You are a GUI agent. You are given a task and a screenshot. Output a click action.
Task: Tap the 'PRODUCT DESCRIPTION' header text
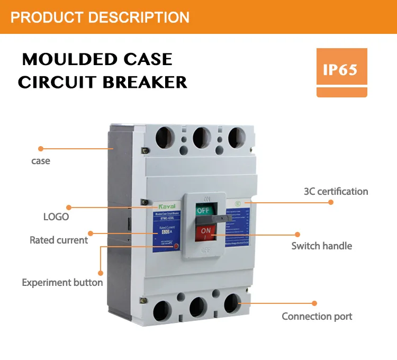tap(100, 17)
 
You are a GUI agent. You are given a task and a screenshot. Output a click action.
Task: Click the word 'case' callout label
tap(41, 160)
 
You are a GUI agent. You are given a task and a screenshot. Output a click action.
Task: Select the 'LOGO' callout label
tap(56, 217)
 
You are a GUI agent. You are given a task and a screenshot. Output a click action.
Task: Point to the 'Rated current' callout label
tap(59, 240)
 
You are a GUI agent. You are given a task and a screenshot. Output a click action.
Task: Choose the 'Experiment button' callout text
tap(62, 282)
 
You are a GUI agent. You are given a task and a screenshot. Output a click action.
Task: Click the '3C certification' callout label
tap(336, 191)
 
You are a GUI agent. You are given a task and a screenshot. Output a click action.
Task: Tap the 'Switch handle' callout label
tap(322, 246)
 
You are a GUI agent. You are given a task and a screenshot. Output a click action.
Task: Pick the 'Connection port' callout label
tap(317, 316)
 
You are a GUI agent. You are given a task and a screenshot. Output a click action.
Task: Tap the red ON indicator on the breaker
tap(205, 232)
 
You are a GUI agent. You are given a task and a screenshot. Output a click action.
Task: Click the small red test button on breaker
tap(176, 247)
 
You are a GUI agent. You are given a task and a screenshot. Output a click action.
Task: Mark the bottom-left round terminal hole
tap(161, 310)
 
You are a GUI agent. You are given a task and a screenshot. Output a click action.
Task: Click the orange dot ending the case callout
tap(40, 149)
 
